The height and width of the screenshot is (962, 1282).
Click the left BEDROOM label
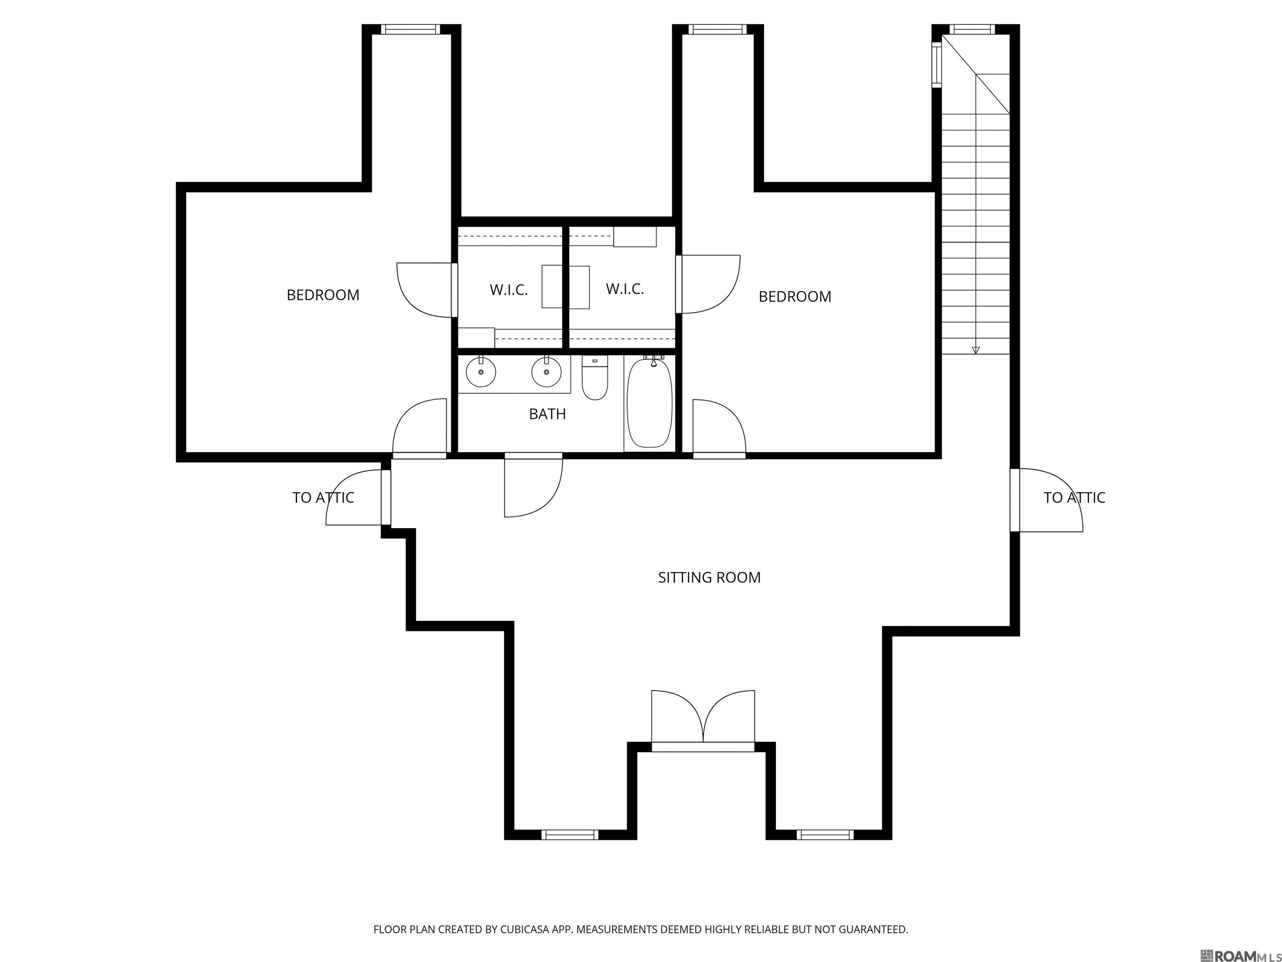click(x=323, y=295)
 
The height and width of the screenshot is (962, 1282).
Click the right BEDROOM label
click(x=795, y=296)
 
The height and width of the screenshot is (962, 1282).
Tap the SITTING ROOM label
click(x=709, y=577)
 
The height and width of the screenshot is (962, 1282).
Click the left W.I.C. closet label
click(x=508, y=290)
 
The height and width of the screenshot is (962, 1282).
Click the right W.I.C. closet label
click(x=625, y=289)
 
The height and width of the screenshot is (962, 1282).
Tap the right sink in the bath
click(x=546, y=373)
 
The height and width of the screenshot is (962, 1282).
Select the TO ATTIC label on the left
click(x=323, y=498)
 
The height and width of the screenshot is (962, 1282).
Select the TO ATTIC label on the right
click(x=1074, y=498)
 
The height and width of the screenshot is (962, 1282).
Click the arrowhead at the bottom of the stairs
click(x=975, y=349)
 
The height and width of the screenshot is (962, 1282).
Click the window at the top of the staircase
click(x=972, y=29)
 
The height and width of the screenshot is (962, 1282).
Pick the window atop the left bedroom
click(x=410, y=29)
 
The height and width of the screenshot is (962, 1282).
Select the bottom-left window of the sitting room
click(x=570, y=834)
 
